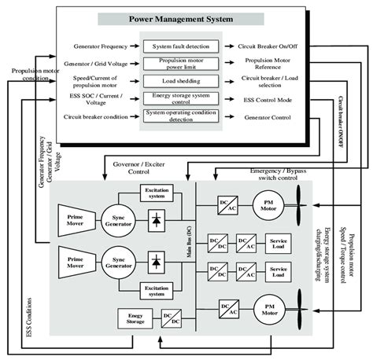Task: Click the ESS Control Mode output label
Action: coord(265,98)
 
